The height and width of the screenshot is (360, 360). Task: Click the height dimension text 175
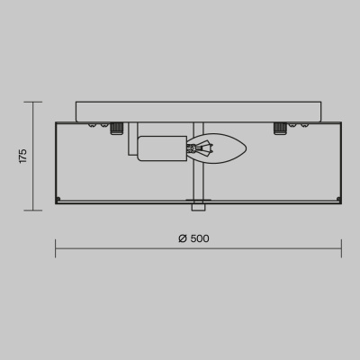pos(23,156)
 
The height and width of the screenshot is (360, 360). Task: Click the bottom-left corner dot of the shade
pos(58,199)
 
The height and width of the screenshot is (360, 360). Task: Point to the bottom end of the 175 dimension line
pos(35,210)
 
